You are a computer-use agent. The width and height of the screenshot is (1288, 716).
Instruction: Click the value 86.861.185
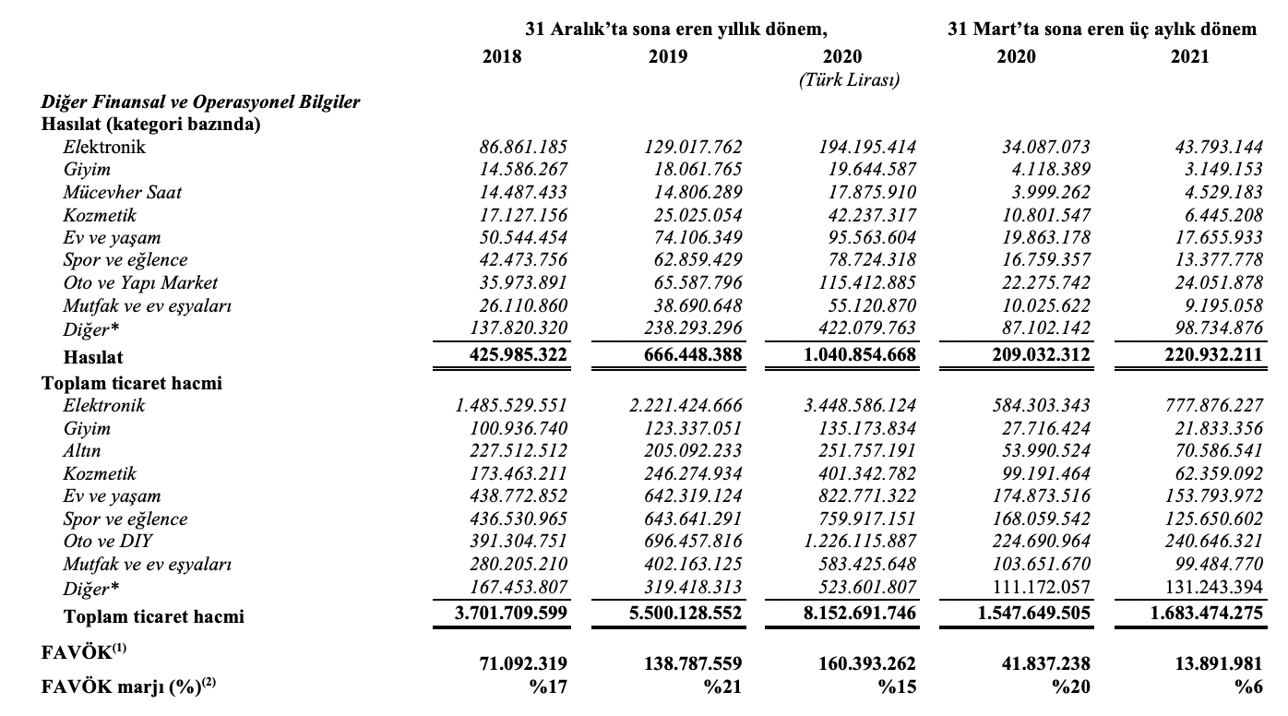pyautogui.click(x=523, y=147)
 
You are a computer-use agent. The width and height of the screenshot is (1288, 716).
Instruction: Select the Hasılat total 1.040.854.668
pyautogui.click(x=854, y=355)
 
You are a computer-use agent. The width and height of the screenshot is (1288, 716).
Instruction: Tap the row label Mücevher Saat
pyautogui.click(x=123, y=192)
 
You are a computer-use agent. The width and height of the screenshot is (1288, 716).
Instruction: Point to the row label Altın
pyautogui.click(x=82, y=451)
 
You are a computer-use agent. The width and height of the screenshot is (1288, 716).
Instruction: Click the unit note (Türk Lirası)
pyautogui.click(x=849, y=80)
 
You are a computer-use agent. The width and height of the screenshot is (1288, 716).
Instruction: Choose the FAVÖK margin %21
pyautogui.click(x=724, y=686)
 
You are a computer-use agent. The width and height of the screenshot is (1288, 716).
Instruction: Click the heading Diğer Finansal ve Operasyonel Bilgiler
pyautogui.click(x=200, y=102)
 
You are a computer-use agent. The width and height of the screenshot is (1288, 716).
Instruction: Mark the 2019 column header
pyautogui.click(x=667, y=56)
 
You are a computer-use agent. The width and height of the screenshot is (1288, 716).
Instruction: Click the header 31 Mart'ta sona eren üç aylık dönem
pyautogui.click(x=1102, y=30)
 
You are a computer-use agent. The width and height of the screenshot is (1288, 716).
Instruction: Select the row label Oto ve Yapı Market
pyautogui.click(x=140, y=282)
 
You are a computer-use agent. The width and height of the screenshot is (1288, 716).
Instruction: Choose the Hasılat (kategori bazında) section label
pyautogui.click(x=150, y=125)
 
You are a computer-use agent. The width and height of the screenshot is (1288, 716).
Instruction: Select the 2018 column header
pyautogui.click(x=502, y=56)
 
